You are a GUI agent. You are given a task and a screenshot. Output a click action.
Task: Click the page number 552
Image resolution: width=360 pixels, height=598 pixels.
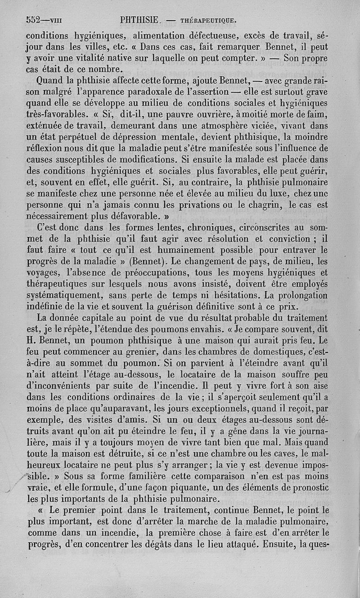[34, 20]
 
